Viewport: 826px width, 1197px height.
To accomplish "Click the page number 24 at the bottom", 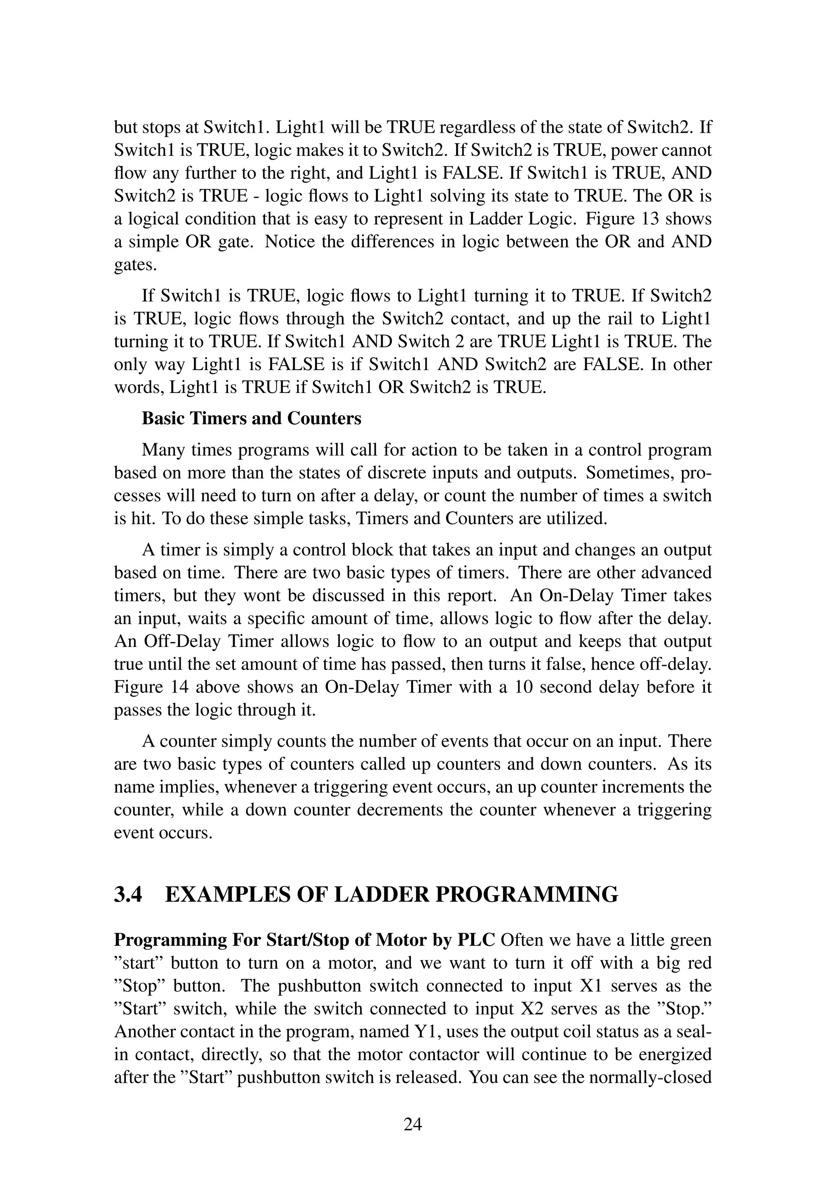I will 413,1124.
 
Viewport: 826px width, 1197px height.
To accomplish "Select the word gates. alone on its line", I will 135,265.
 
